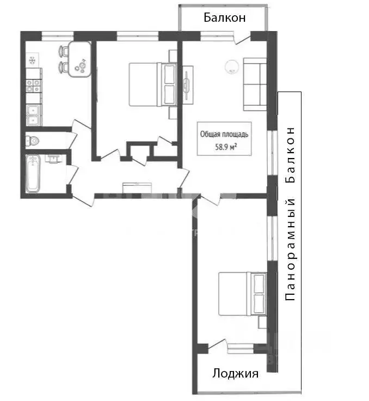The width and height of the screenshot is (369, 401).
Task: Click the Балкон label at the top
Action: click(225, 17)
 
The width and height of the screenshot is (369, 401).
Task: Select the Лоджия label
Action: click(235, 374)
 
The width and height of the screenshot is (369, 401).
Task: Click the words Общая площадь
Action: click(225, 133)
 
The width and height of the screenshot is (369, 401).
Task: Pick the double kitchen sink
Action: click(33, 114)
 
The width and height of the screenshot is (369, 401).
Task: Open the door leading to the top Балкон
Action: click(242, 38)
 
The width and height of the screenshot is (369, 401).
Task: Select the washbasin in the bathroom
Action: click(54, 159)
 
